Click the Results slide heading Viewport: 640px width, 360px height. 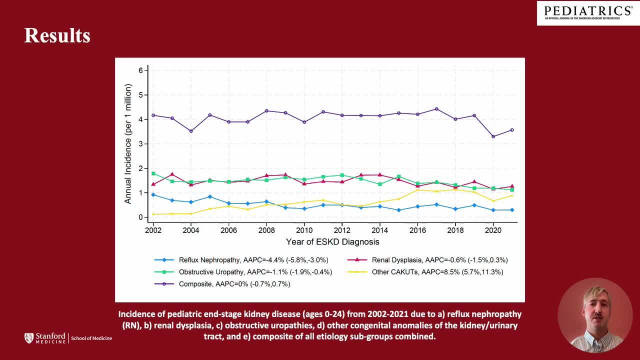pos(57,36)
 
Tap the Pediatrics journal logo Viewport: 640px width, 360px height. pos(588,12)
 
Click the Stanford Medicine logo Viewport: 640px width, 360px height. pos(68,338)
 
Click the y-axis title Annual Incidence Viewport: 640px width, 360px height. pos(128,144)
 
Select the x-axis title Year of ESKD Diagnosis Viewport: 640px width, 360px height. pos(332,242)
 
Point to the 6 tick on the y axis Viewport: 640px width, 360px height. pos(140,70)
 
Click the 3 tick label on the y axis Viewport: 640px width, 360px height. pos(140,144)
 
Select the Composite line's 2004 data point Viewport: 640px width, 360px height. pos(191,131)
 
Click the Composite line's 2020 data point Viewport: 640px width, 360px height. pos(493,136)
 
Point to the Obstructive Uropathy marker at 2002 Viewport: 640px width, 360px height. pos(153,173)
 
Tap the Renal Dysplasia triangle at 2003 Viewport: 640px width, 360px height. pos(172,174)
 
